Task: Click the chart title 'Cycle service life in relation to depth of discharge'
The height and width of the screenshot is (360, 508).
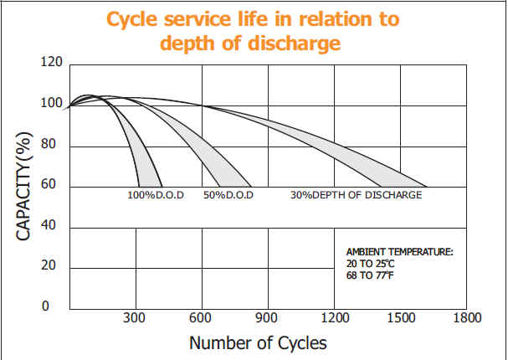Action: (x=254, y=30)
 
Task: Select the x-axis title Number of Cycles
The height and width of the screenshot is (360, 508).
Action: (x=258, y=342)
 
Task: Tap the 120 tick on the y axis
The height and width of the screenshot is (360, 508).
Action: (x=51, y=63)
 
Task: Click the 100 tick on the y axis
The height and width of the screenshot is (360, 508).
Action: (x=51, y=104)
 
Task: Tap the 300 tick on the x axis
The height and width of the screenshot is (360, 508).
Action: (x=135, y=318)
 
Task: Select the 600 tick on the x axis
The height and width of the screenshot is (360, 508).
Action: (x=201, y=318)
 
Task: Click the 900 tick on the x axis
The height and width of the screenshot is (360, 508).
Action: (x=267, y=318)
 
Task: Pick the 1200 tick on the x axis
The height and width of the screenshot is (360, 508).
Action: (x=334, y=318)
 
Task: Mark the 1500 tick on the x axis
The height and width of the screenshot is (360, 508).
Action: (x=400, y=318)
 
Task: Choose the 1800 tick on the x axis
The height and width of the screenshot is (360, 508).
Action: (x=466, y=318)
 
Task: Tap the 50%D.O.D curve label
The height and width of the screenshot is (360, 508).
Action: (x=228, y=195)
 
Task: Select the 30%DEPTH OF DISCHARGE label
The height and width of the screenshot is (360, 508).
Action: (x=356, y=195)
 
